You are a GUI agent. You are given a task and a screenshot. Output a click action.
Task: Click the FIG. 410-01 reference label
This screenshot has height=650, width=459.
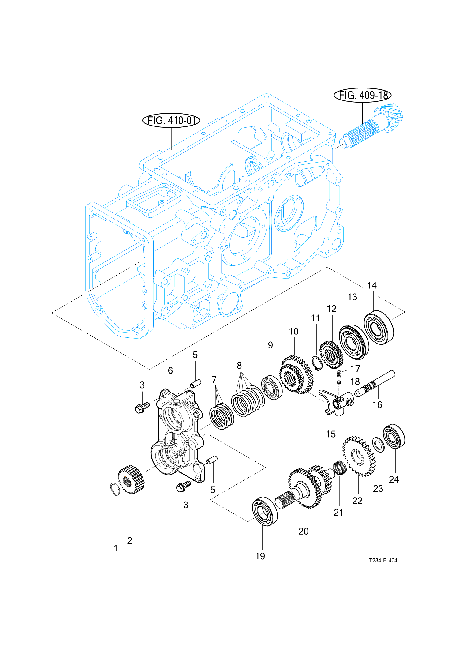pyautogui.click(x=171, y=120)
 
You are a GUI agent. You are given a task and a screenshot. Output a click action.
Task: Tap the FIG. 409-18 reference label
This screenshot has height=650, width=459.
pyautogui.click(x=363, y=95)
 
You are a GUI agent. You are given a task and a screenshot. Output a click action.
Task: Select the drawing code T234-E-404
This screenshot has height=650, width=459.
pyautogui.click(x=383, y=560)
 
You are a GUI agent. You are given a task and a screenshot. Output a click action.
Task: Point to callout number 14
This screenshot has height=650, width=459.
pyautogui.click(x=372, y=285)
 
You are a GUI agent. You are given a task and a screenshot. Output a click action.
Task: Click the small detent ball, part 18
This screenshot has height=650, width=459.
pyautogui.click(x=339, y=382)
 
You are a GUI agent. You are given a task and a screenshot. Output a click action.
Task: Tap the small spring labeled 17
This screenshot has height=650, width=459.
pyautogui.click(x=339, y=374)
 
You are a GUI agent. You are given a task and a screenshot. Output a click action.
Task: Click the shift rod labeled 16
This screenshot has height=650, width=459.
pyautogui.click(x=375, y=383)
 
